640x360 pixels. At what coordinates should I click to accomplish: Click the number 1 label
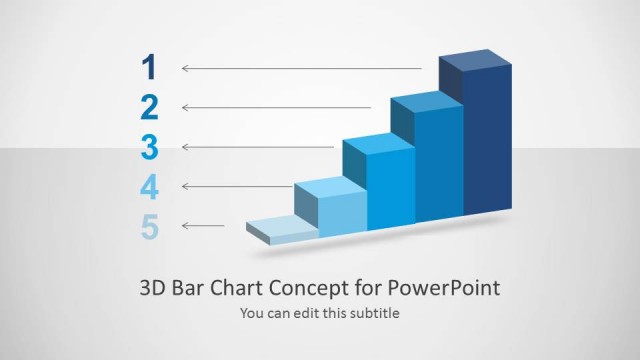click(150, 67)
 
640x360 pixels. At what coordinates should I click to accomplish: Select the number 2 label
click(150, 107)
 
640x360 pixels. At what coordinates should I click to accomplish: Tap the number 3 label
click(150, 147)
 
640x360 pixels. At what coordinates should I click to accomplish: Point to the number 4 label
click(150, 187)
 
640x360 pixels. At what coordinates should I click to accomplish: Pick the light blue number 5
click(150, 227)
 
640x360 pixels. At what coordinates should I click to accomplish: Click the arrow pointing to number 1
click(301, 68)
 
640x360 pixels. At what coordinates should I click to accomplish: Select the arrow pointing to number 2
click(276, 107)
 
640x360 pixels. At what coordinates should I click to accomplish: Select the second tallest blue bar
click(439, 160)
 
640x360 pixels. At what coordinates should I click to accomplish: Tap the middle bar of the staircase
click(391, 185)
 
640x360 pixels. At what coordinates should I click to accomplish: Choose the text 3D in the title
click(152, 289)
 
